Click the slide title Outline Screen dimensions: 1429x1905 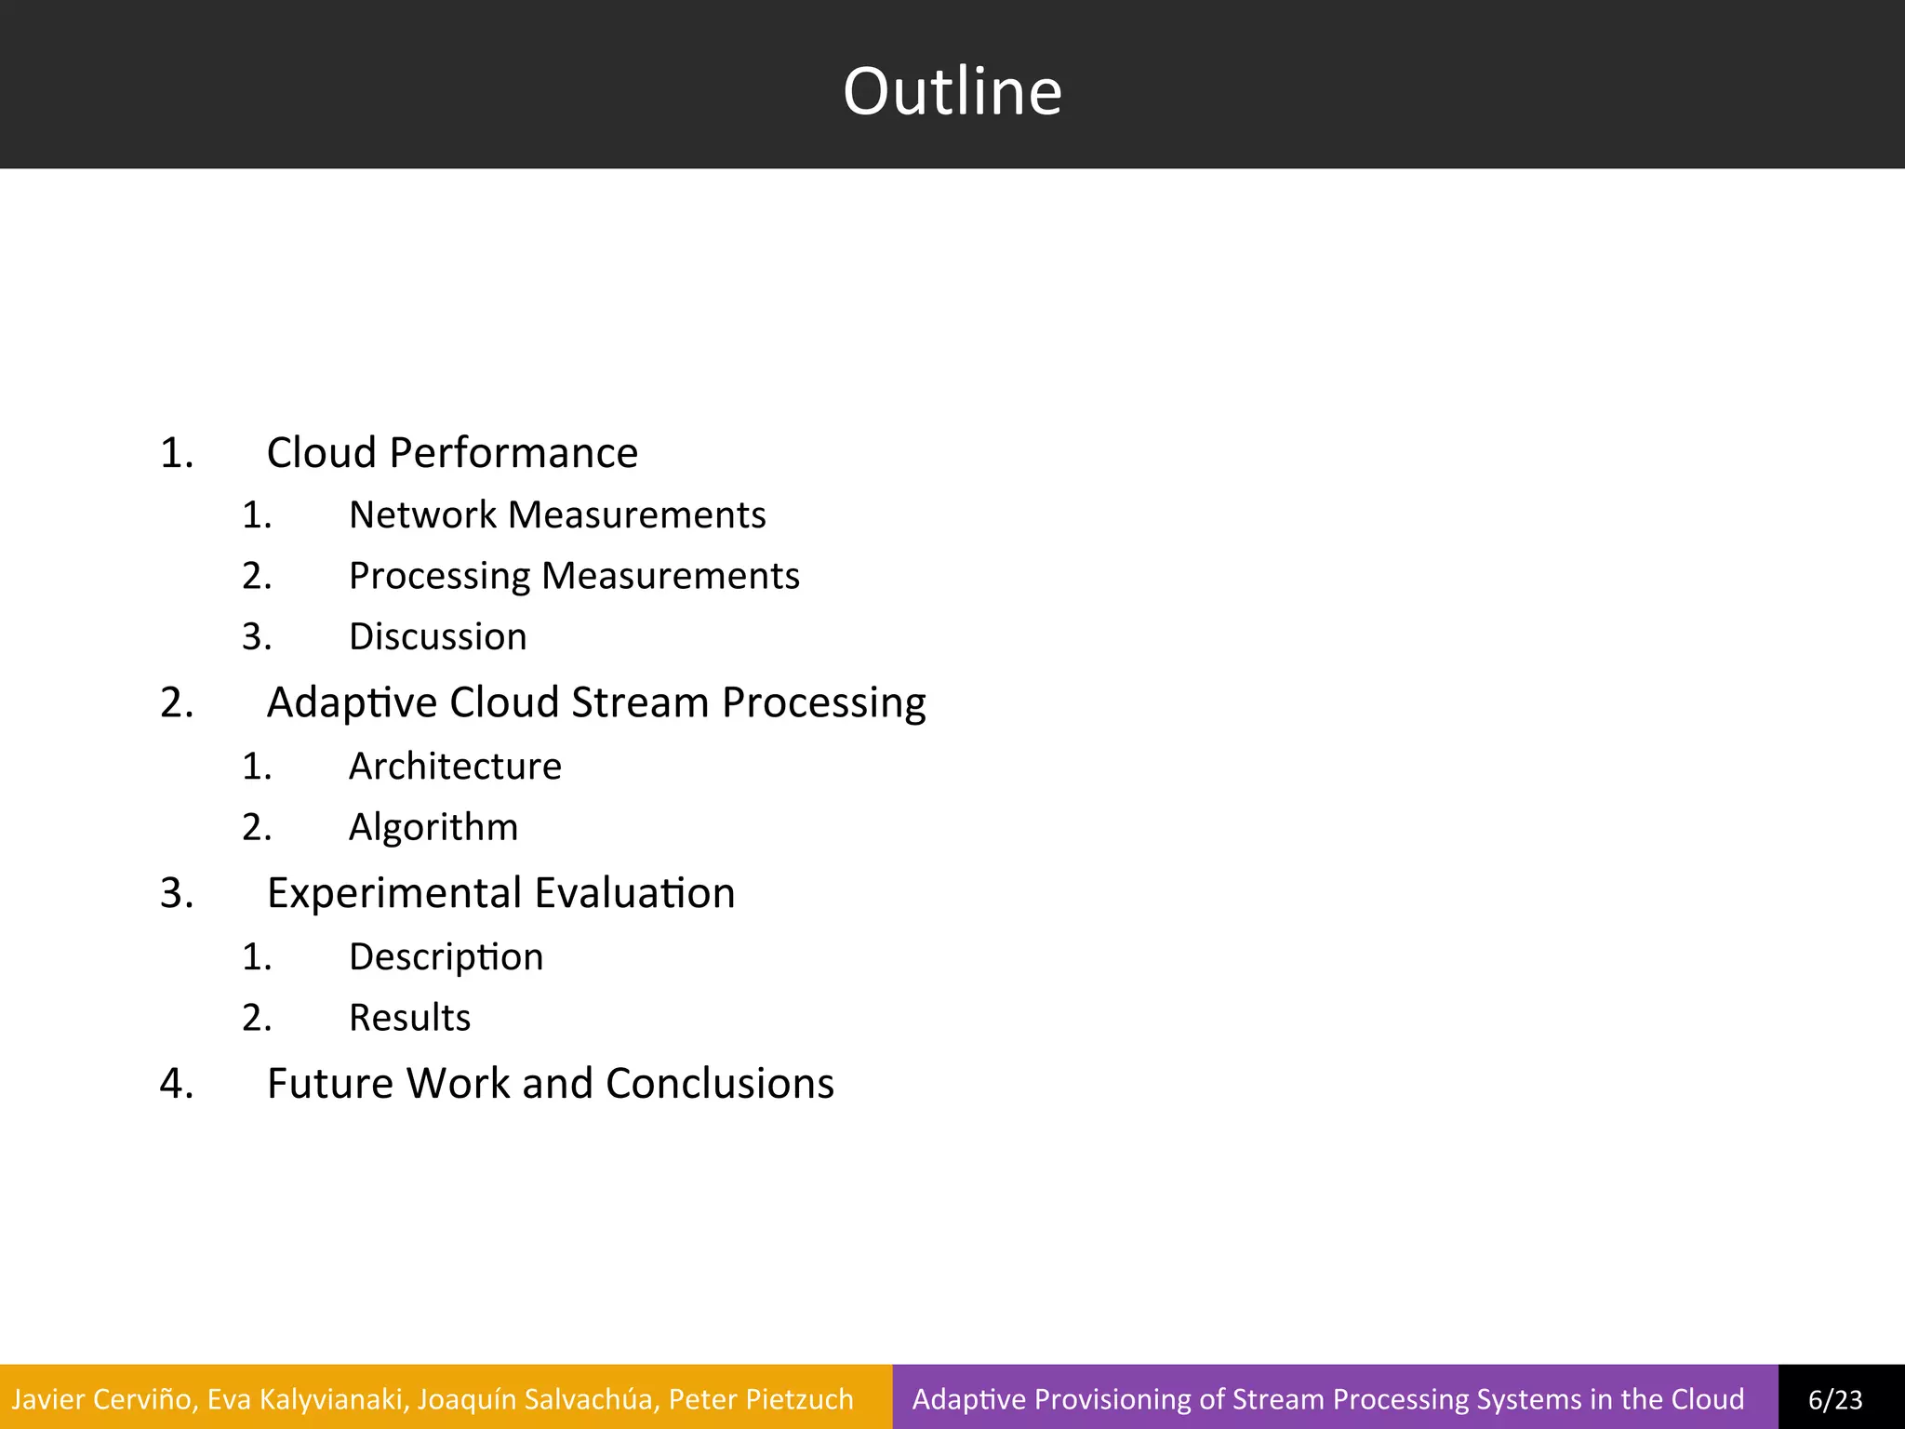coord(952,91)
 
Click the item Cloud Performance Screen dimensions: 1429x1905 coord(452,453)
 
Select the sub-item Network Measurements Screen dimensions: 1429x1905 coord(556,514)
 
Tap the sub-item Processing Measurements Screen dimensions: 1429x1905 coord(574,576)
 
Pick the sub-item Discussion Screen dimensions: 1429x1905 coord(437,637)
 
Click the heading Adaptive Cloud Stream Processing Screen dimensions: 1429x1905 coord(595,702)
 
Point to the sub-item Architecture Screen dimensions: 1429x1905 coord(455,767)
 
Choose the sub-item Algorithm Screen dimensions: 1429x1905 coord(433,827)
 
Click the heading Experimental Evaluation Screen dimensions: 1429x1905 coord(500,893)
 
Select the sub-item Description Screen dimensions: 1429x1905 coord(446,957)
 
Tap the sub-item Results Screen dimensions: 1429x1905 coord(409,1018)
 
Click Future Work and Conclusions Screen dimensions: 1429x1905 coord(550,1084)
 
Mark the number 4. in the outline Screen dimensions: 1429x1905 coord(177,1084)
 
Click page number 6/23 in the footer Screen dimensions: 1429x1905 coord(1835,1399)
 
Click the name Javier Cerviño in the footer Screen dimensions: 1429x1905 coord(102,1399)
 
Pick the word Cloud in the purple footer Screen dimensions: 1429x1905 coord(1707,1399)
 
